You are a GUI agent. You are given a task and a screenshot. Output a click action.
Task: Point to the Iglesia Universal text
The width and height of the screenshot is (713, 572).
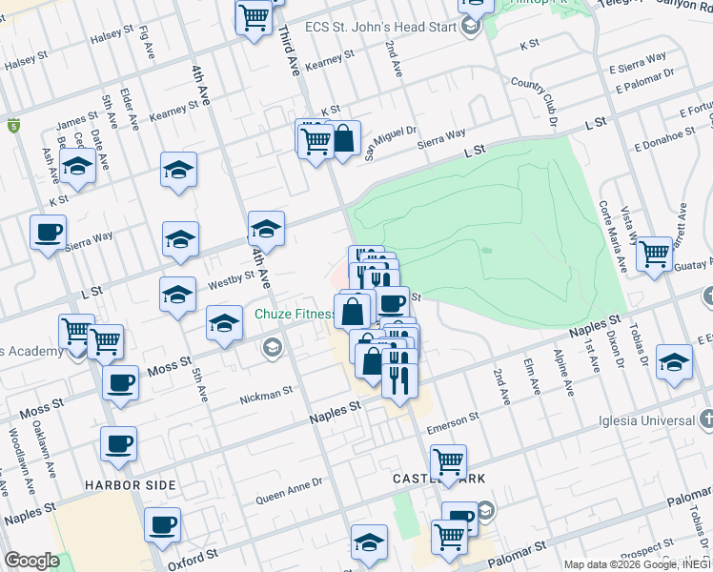click(645, 420)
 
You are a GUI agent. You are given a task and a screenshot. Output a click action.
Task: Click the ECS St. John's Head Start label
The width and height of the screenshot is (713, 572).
click(381, 27)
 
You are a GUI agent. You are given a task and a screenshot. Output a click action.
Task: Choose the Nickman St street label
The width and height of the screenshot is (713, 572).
click(266, 393)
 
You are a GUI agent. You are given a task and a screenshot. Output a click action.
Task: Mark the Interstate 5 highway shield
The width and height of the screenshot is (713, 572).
click(13, 125)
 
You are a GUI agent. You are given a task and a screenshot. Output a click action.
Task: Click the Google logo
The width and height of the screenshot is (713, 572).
click(31, 560)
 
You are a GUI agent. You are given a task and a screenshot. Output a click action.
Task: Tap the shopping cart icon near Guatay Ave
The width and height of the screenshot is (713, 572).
click(654, 253)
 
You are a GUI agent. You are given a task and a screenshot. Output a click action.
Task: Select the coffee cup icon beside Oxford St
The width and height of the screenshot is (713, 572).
click(162, 523)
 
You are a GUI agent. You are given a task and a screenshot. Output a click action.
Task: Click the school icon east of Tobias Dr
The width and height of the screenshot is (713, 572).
click(674, 362)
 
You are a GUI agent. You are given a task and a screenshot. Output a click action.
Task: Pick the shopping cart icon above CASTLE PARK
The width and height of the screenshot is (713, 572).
click(448, 461)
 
